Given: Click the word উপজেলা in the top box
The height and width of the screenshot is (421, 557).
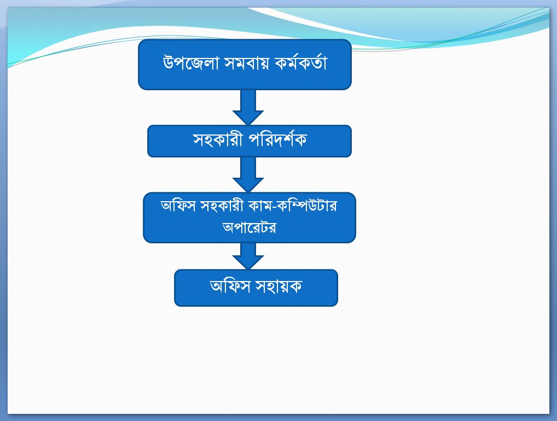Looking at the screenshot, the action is tap(190, 63).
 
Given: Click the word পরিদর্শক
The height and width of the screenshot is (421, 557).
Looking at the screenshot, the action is tap(277, 139).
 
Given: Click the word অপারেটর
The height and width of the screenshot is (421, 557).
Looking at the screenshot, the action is tap(250, 227).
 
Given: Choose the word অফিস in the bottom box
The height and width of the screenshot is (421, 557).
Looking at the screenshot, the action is tap(230, 286).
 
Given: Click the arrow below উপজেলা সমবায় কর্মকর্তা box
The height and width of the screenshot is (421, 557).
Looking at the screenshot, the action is tap(248, 107).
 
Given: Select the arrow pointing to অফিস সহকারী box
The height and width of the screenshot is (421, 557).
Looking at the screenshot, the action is tap(248, 174).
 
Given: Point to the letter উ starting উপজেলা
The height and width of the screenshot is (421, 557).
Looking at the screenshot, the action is tap(169, 63).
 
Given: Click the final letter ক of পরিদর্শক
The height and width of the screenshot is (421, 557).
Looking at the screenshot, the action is tap(300, 140).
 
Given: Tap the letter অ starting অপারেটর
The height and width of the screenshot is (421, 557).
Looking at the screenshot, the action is tap(228, 227).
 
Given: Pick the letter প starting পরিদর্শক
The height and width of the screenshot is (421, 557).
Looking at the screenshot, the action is tap(254, 140).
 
